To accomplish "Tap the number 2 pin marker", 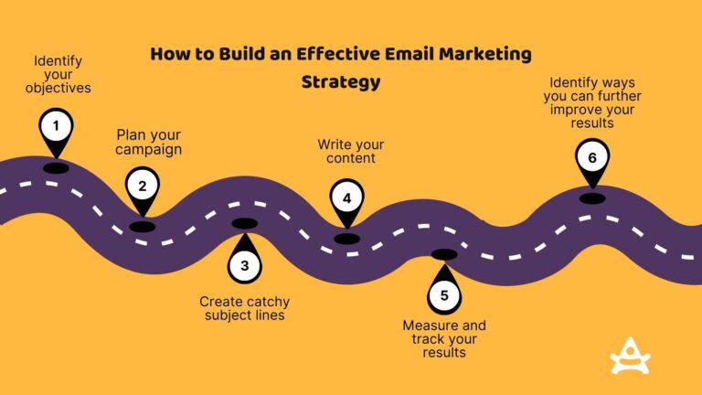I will point(142,187).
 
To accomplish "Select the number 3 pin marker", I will point(244,266).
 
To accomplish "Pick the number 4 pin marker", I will point(346,197).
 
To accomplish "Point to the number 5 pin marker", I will point(443,294).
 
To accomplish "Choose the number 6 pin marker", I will point(591,157).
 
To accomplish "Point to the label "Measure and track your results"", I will point(444,338).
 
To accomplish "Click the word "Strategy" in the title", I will point(340,82).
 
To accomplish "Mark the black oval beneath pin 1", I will point(56,167).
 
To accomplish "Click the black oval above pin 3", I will point(244,224).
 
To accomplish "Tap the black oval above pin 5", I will point(443,254).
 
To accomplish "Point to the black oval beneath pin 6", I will point(591,197).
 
